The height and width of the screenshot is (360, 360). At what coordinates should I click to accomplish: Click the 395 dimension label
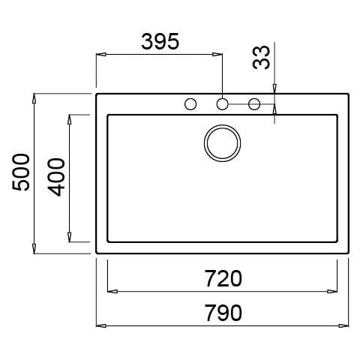[160, 41]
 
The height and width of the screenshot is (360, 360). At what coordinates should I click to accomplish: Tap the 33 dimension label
[262, 58]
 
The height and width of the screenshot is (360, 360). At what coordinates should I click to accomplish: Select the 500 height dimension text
[21, 172]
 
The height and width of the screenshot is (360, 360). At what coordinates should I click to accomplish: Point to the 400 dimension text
[56, 177]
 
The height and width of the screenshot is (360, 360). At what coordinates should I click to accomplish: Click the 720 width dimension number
[223, 278]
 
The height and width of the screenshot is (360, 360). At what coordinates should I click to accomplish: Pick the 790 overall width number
[223, 313]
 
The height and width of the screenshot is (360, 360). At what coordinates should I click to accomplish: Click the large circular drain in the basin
[222, 143]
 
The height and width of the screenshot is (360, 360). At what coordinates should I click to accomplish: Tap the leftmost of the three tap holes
[190, 104]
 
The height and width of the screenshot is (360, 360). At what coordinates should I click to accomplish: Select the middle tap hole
[222, 104]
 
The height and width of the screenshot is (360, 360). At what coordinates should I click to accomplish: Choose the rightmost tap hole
[254, 104]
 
